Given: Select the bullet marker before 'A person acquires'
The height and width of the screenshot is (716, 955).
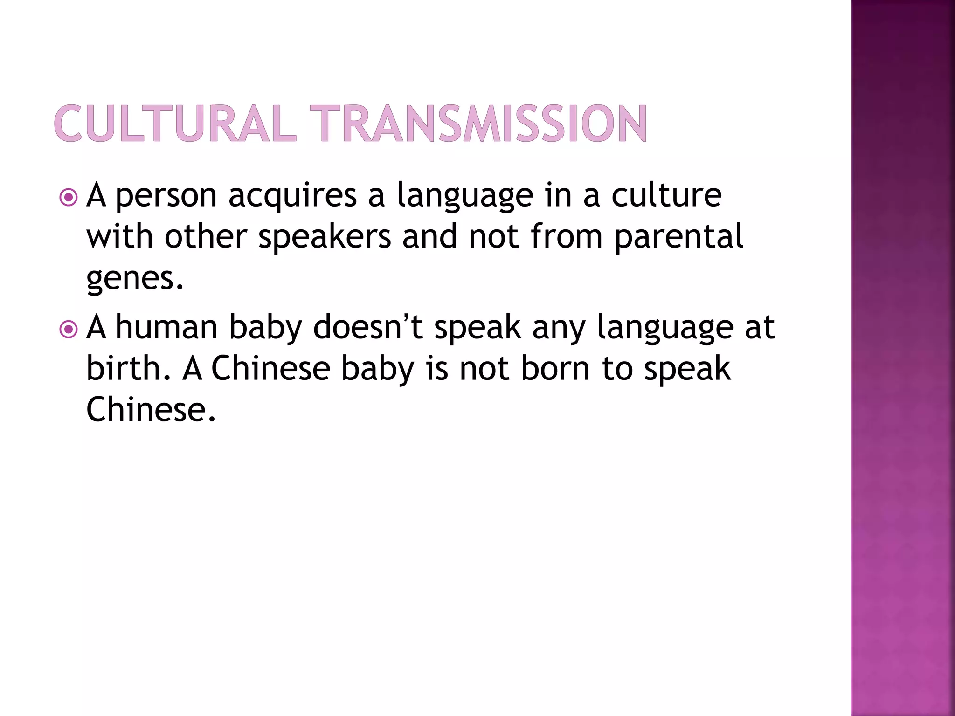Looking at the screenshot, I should [69, 198].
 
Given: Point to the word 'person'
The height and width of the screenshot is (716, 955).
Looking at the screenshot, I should [166, 196].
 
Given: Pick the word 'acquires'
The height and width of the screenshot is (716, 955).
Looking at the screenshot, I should [292, 196].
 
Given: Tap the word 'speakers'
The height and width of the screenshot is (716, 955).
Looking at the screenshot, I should [325, 237].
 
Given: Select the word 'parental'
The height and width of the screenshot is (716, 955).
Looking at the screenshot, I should [678, 237].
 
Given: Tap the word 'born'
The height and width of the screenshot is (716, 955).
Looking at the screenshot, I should [555, 368].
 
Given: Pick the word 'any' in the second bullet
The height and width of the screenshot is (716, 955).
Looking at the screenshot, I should [559, 328].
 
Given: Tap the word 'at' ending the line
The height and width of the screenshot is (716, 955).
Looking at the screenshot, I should [760, 327].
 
